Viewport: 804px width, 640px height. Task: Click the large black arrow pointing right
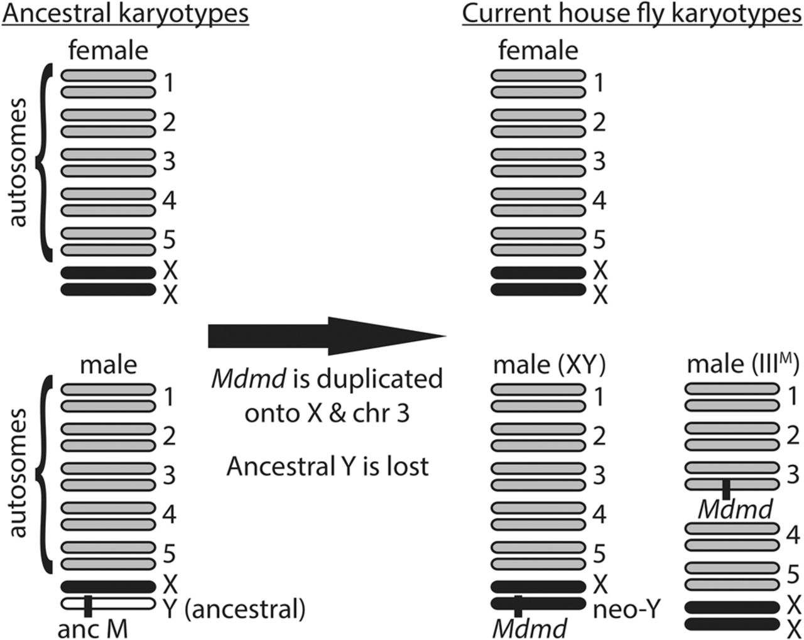tap(327, 336)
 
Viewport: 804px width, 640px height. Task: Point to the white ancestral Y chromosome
tap(108, 604)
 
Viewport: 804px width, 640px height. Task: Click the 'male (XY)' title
tap(549, 366)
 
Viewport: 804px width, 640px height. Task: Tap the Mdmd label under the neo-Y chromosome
tap(530, 629)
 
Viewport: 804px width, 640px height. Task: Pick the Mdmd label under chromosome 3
tap(735, 509)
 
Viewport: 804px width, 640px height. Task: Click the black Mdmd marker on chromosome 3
tap(726, 489)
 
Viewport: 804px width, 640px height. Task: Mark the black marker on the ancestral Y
tap(88, 606)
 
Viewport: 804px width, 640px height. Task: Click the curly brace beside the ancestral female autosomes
tap(43, 163)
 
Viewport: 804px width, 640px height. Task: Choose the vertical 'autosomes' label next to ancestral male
tap(18, 473)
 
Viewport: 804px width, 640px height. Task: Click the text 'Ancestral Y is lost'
tap(327, 466)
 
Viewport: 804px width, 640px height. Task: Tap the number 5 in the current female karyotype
tap(599, 239)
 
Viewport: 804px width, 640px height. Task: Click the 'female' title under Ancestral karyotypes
tap(108, 50)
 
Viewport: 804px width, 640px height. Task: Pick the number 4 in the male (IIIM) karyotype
tap(793, 534)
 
